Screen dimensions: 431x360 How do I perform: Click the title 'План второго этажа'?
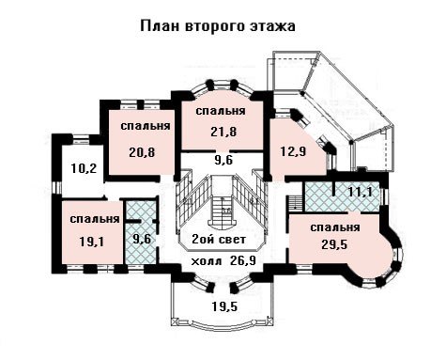(218, 26)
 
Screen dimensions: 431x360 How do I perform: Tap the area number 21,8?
(223, 132)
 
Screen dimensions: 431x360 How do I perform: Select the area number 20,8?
(142, 152)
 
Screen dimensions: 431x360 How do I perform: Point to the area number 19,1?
(91, 242)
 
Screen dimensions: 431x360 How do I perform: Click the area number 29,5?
(334, 244)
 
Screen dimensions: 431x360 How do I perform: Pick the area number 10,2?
(84, 168)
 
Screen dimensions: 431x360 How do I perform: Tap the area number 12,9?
(293, 152)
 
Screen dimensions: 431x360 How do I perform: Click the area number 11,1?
(361, 192)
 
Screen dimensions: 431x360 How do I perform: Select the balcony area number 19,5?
(224, 306)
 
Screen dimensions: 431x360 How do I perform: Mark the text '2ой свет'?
(219, 240)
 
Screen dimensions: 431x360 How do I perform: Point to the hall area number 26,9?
(243, 260)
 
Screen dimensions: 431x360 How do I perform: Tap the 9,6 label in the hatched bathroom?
(142, 239)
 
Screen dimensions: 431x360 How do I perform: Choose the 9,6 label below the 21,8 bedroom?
(223, 160)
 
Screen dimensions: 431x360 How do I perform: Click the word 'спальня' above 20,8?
(146, 126)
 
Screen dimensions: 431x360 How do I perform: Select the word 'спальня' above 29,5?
(335, 227)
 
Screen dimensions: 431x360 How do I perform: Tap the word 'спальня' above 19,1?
(95, 219)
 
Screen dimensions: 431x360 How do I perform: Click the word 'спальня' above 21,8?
(221, 111)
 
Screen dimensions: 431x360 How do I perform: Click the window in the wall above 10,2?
(81, 139)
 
